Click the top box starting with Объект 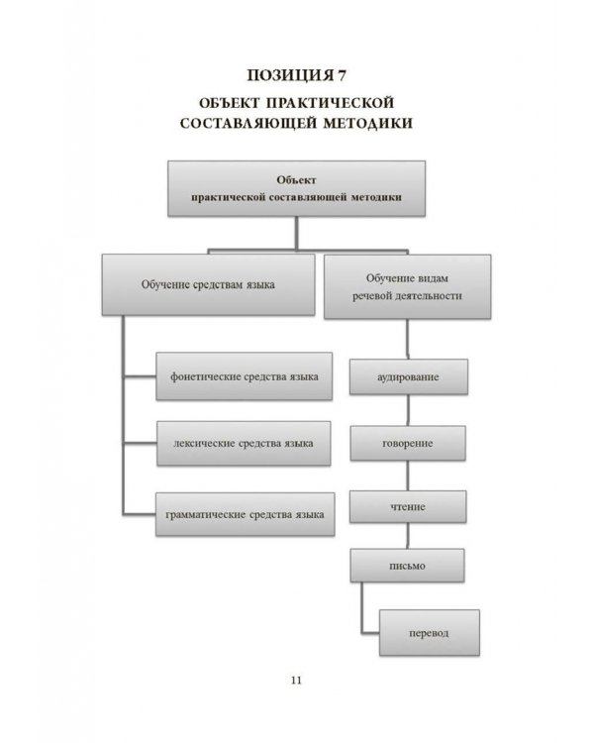pyautogui.click(x=296, y=189)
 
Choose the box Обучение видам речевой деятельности pyautogui.click(x=407, y=285)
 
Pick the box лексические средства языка pyautogui.click(x=244, y=443)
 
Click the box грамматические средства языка pyautogui.click(x=244, y=514)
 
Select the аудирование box pyautogui.click(x=408, y=378)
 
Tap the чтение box pyautogui.click(x=408, y=506)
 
